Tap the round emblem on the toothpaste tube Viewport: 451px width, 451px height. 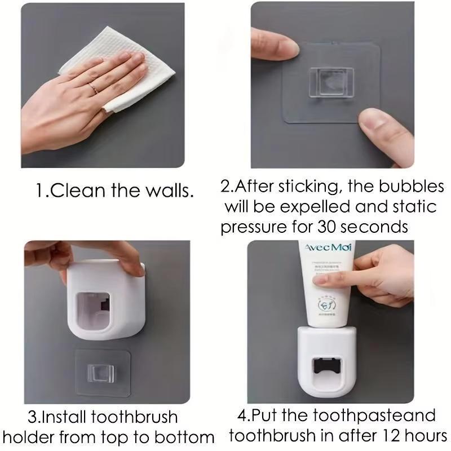(326, 305)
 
